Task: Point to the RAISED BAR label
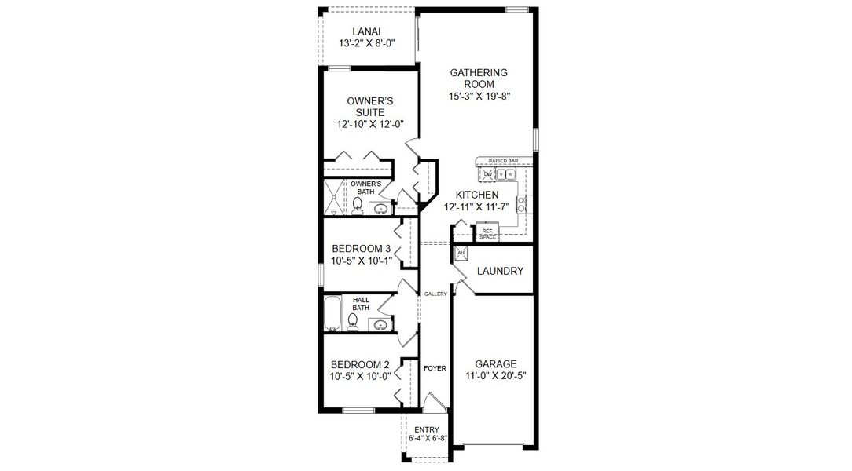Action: click(502, 160)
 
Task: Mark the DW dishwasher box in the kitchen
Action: click(487, 173)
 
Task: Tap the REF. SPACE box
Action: click(487, 232)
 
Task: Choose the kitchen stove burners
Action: click(520, 203)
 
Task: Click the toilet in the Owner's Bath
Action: click(357, 206)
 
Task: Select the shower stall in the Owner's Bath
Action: click(334, 197)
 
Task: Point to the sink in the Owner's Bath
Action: click(381, 209)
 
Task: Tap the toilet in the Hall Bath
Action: click(353, 320)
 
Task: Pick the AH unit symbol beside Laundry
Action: click(461, 253)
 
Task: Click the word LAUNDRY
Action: click(500, 271)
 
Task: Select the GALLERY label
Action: click(435, 294)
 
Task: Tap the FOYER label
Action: click(435, 367)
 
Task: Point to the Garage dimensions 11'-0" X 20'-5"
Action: click(495, 376)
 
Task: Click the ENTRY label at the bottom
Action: click(428, 429)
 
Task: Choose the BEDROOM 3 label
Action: click(360, 249)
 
